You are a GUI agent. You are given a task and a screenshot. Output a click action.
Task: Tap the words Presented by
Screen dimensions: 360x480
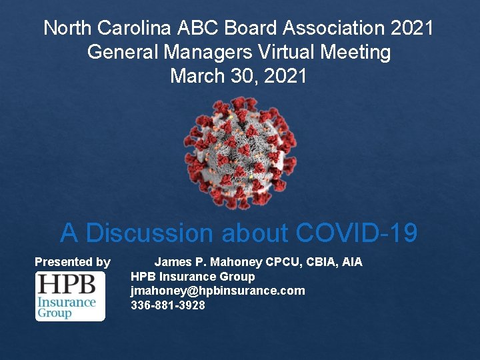72,262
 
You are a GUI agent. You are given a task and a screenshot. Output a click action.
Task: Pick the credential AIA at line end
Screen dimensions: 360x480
351,262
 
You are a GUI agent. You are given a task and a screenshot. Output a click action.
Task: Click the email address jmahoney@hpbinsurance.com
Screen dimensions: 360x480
217,291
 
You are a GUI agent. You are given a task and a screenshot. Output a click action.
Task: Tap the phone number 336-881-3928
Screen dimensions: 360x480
167,305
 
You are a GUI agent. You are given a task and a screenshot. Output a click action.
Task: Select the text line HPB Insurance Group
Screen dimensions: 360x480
192,276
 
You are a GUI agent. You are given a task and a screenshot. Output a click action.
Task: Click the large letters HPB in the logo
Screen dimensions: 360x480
67,285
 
